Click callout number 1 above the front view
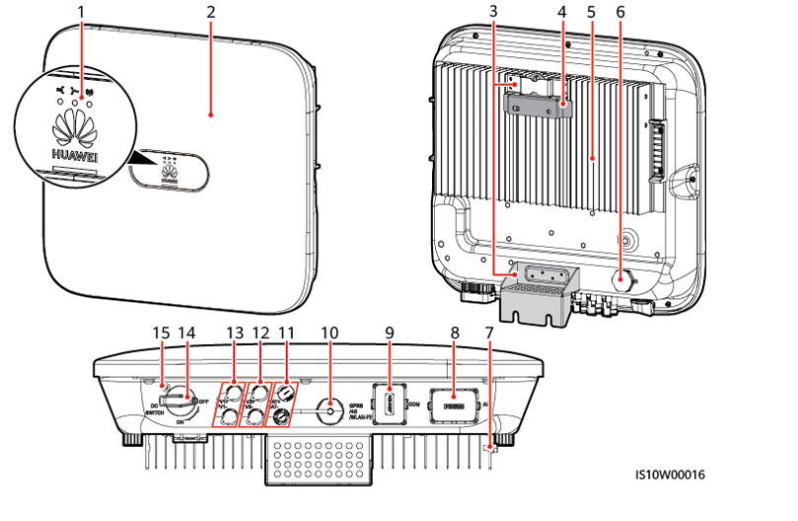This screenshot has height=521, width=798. [82, 12]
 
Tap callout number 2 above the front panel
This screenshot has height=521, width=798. [211, 12]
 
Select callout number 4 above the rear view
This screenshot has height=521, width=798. [562, 12]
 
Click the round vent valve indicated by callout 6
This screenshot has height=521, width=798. [622, 278]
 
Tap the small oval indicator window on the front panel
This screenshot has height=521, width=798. [169, 175]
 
